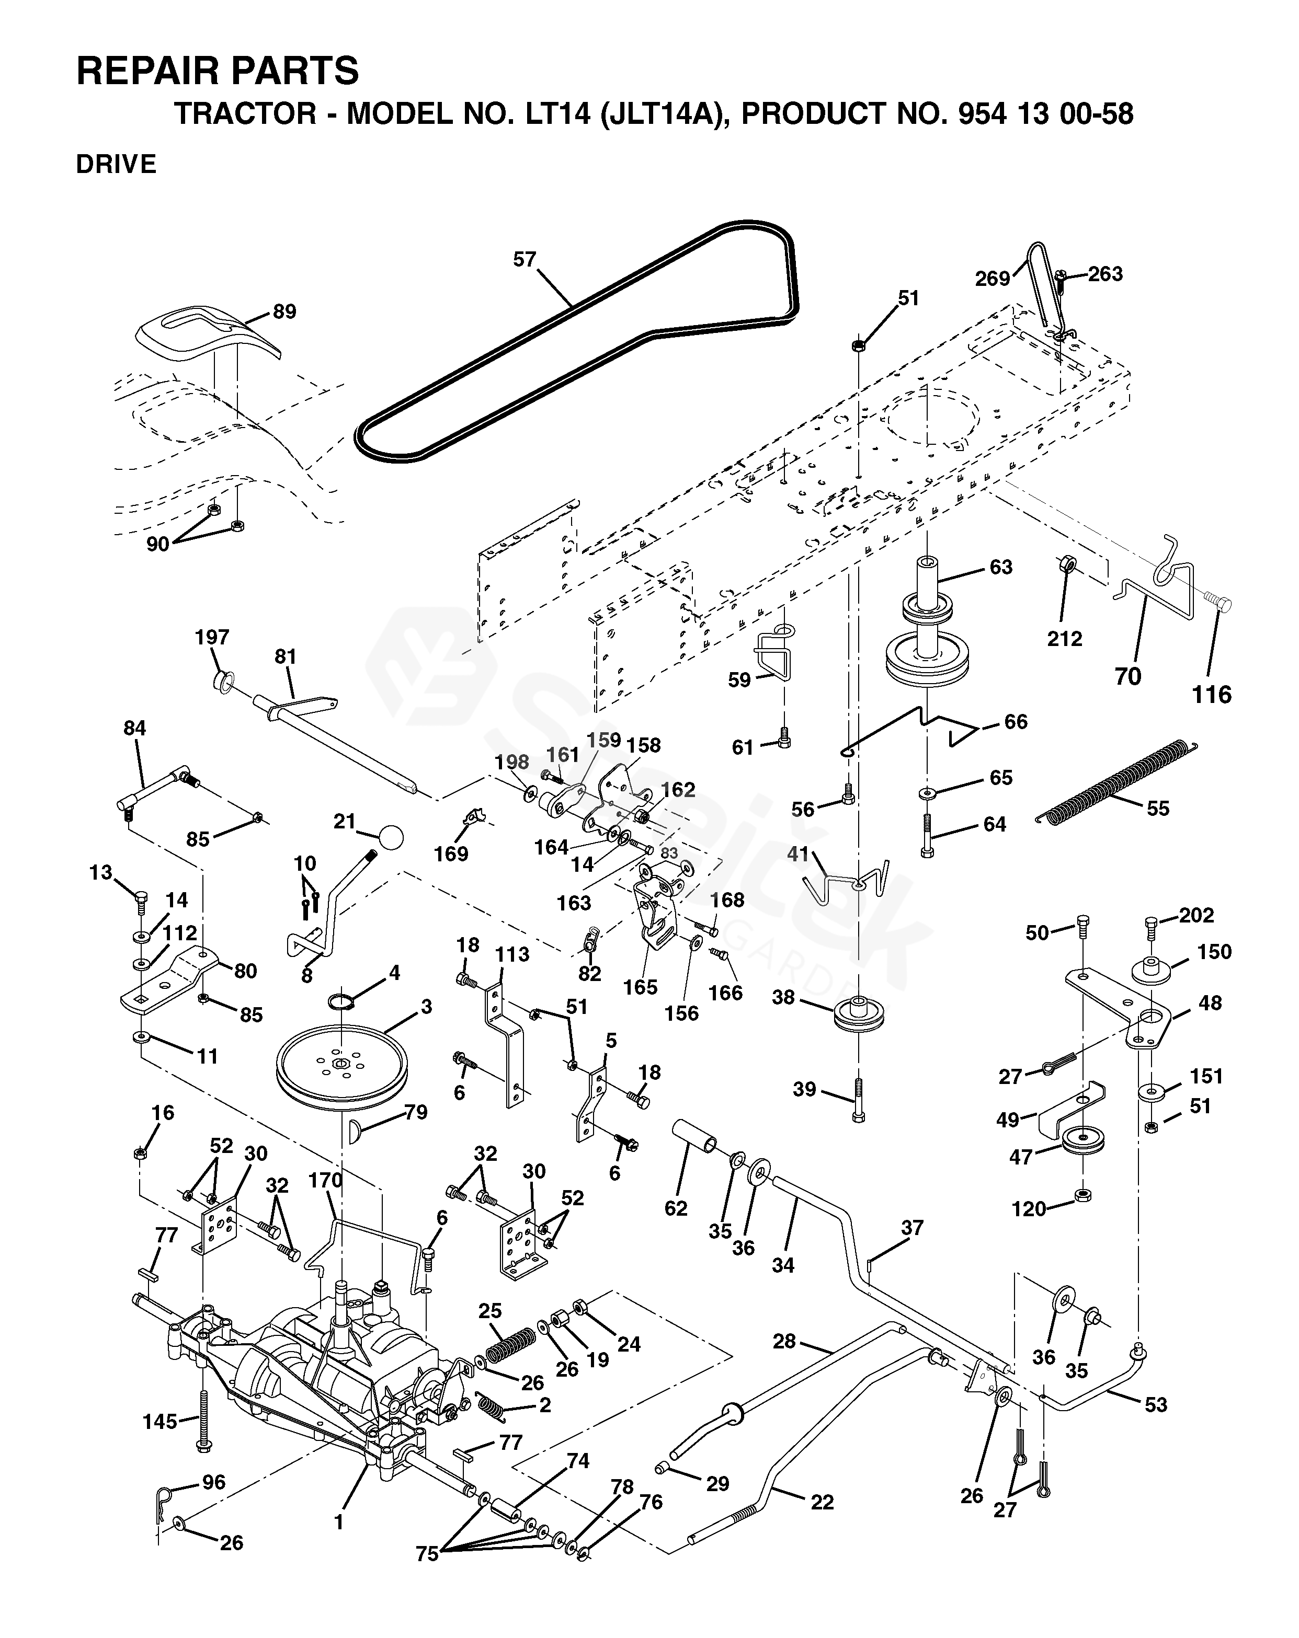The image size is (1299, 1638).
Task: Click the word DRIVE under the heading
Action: (116, 164)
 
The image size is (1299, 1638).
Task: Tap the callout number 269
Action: (992, 279)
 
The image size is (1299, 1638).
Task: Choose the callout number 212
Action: (1064, 639)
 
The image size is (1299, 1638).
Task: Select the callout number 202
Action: (1197, 916)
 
